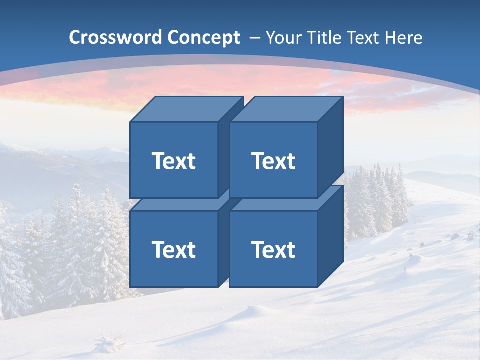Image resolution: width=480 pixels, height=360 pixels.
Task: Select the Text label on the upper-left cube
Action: [x=173, y=161]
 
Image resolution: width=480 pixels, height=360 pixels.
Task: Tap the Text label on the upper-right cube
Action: [x=273, y=161]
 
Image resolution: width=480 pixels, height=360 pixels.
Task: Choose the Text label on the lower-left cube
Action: [x=173, y=249]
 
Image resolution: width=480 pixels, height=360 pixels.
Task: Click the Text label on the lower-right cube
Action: [x=273, y=249]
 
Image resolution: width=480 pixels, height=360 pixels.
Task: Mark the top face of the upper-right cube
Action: [x=285, y=109]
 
